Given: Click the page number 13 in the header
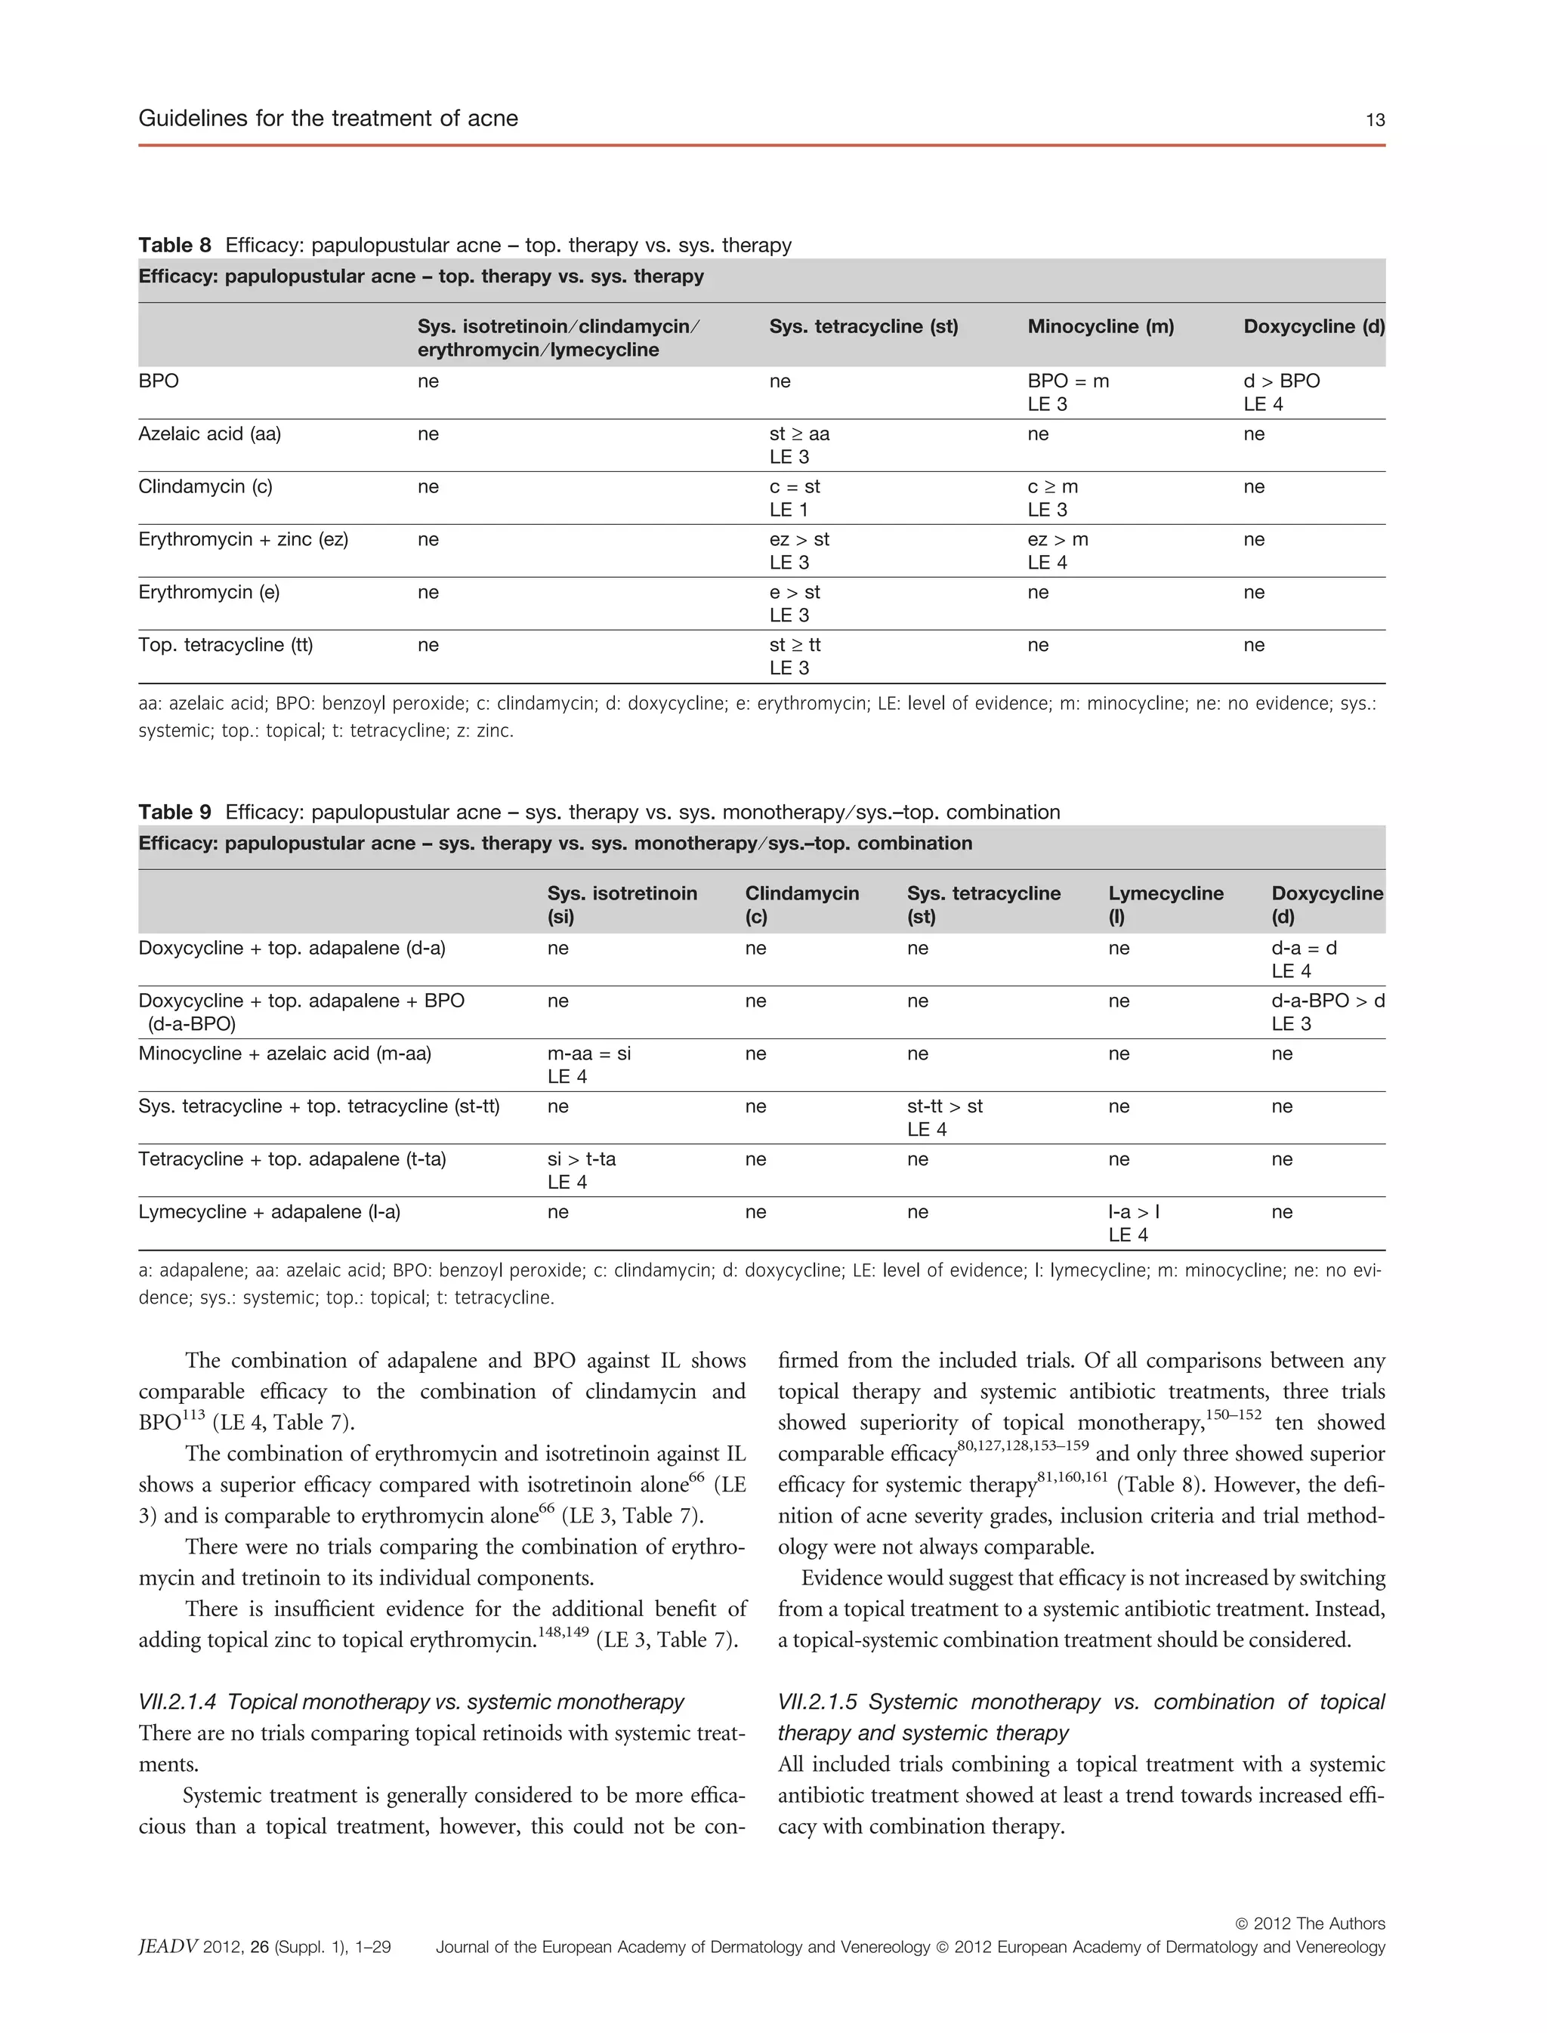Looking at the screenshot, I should pos(1375,119).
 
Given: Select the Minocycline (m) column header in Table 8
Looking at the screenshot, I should pos(1101,326).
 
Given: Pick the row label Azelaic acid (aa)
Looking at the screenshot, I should pos(209,433).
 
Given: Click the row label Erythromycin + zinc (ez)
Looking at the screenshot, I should pos(243,539).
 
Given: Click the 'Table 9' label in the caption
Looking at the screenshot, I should pos(174,812).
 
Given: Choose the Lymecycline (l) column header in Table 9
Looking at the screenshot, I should pos(1165,903).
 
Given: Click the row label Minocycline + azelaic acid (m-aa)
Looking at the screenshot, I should pos(285,1054).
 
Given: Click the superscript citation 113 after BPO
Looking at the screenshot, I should pos(193,1414).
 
